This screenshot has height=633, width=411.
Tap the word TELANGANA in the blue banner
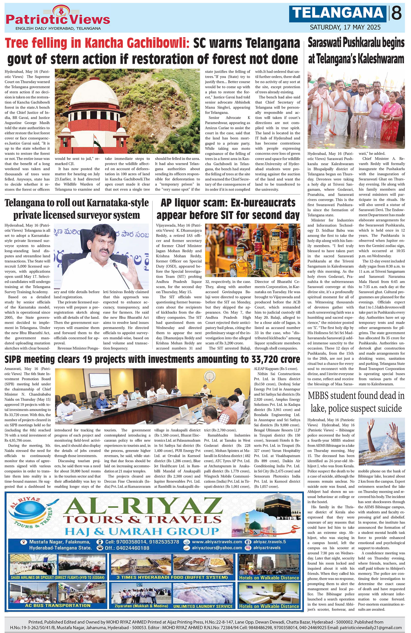click(338, 13)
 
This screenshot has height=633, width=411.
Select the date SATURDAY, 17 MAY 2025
click(345, 27)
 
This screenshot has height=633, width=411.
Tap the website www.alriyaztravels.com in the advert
click(217, 542)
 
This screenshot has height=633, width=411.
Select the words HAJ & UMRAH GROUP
click(142, 531)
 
